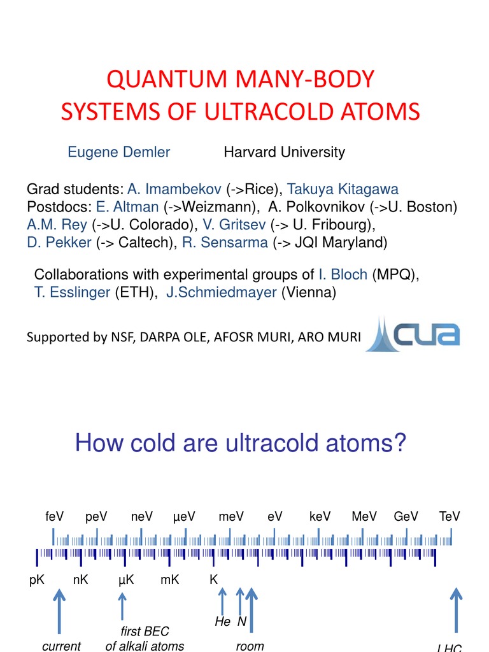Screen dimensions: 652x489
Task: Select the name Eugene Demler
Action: [119, 152]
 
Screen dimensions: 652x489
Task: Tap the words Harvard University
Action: [284, 152]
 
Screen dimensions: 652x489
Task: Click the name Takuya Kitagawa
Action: [343, 189]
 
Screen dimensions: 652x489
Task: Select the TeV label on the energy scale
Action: [450, 516]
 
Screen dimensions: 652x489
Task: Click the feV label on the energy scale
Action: [55, 516]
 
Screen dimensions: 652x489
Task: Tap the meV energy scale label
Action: [231, 516]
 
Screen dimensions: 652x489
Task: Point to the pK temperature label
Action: [37, 580]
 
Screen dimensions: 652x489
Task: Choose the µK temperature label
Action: [125, 580]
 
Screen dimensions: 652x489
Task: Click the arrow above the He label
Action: [222, 601]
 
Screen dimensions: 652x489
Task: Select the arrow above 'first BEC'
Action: [122, 606]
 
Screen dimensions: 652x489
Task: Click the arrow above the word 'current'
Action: [59, 611]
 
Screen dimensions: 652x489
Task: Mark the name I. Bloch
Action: [343, 274]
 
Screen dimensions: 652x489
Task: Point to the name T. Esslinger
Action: [72, 293]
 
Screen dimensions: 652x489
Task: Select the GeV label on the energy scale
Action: [406, 516]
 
